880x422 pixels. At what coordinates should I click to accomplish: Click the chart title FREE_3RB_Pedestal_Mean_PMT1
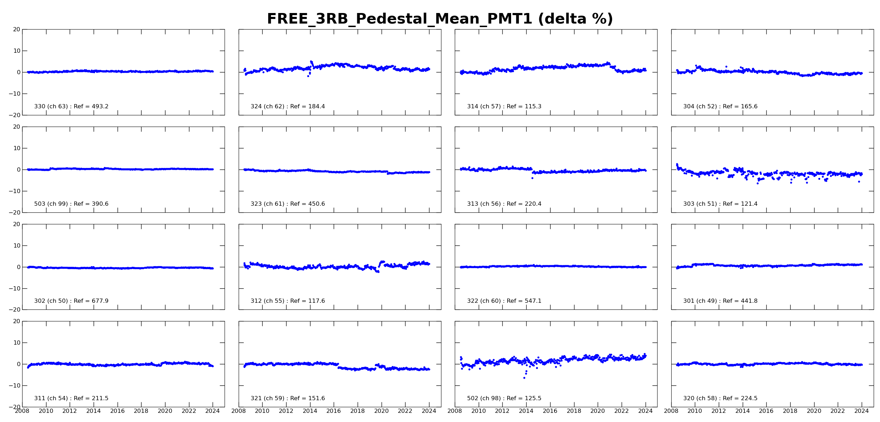(x=440, y=19)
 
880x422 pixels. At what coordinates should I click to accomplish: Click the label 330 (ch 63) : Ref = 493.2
(x=71, y=107)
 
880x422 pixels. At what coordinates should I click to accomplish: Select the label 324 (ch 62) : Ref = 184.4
(x=288, y=107)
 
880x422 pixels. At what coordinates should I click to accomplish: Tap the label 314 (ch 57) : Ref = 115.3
(x=504, y=107)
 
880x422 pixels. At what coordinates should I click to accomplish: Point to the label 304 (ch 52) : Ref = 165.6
(x=720, y=107)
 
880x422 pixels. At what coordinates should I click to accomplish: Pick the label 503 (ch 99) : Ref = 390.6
(x=71, y=204)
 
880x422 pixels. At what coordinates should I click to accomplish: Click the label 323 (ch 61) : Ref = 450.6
(x=288, y=204)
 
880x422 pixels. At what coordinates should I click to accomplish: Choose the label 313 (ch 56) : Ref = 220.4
(x=504, y=204)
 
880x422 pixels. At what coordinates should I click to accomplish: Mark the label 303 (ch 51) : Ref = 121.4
(x=720, y=204)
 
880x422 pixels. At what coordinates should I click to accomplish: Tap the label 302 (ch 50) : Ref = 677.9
(x=71, y=301)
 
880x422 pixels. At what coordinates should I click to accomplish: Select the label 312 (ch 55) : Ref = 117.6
(x=288, y=301)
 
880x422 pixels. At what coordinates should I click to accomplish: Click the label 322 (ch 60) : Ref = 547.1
(x=504, y=301)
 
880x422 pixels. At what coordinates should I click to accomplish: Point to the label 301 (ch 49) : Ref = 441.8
(x=720, y=301)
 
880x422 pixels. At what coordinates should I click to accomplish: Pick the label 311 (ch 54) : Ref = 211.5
(x=71, y=398)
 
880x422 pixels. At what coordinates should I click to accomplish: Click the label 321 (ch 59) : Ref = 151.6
(x=288, y=398)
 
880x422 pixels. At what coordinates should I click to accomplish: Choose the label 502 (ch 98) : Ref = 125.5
(x=504, y=398)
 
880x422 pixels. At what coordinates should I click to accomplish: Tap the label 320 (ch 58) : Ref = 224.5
(x=720, y=398)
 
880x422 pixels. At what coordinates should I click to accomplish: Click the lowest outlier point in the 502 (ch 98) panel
(x=524, y=378)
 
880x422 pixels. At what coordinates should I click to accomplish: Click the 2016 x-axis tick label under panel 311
(x=117, y=411)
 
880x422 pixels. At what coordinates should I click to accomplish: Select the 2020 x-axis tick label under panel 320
(x=814, y=411)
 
